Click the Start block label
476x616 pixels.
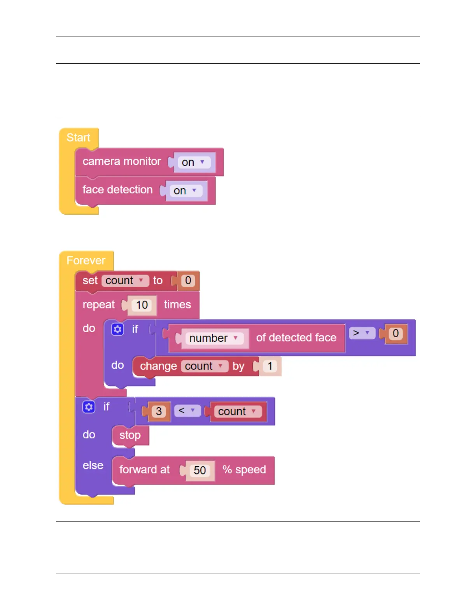78,138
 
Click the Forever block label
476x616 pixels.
86,261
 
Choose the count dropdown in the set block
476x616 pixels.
125,281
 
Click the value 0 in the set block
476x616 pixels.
188,281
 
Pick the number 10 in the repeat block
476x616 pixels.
142,305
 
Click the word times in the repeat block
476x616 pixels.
177,304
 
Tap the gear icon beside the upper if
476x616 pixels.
117,329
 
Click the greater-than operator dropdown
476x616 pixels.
362,333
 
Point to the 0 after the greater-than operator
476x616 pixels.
395,334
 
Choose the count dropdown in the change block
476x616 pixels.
204,366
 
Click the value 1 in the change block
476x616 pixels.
270,366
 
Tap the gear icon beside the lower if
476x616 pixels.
89,407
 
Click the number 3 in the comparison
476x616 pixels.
159,411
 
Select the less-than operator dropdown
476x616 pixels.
187,411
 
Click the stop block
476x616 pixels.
130,435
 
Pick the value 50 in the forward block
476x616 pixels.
200,471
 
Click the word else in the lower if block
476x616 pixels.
93,465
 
